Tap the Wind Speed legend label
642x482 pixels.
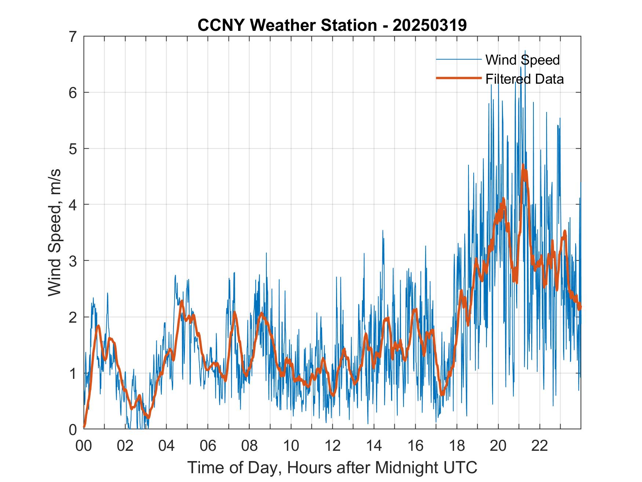pyautogui.click(x=522, y=60)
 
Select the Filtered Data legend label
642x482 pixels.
pyautogui.click(x=524, y=79)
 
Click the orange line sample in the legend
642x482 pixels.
pyautogui.click(x=459, y=78)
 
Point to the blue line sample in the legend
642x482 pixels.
pyautogui.click(x=459, y=59)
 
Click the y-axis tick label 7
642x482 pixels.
pyautogui.click(x=73, y=36)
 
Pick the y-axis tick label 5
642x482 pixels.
pyautogui.click(x=73, y=149)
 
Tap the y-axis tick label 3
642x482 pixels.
pyautogui.click(x=73, y=261)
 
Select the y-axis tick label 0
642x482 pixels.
pyautogui.click(x=73, y=429)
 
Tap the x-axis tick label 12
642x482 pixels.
pyautogui.click(x=332, y=446)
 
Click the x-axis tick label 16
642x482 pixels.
pyautogui.click(x=415, y=446)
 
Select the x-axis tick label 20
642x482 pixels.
pyautogui.click(x=498, y=446)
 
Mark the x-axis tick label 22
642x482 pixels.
pyautogui.click(x=540, y=446)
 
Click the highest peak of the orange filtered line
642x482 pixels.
pyautogui.click(x=523, y=165)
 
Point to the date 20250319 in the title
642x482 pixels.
pyautogui.click(x=429, y=25)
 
